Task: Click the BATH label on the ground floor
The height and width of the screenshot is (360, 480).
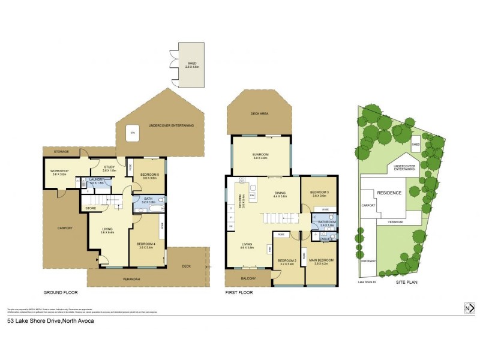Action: coord(148,201)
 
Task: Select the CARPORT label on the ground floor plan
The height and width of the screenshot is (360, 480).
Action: coord(65,228)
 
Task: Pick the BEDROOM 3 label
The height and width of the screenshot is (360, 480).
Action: coord(319,194)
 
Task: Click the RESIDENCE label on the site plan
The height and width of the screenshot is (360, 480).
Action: coord(388,193)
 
